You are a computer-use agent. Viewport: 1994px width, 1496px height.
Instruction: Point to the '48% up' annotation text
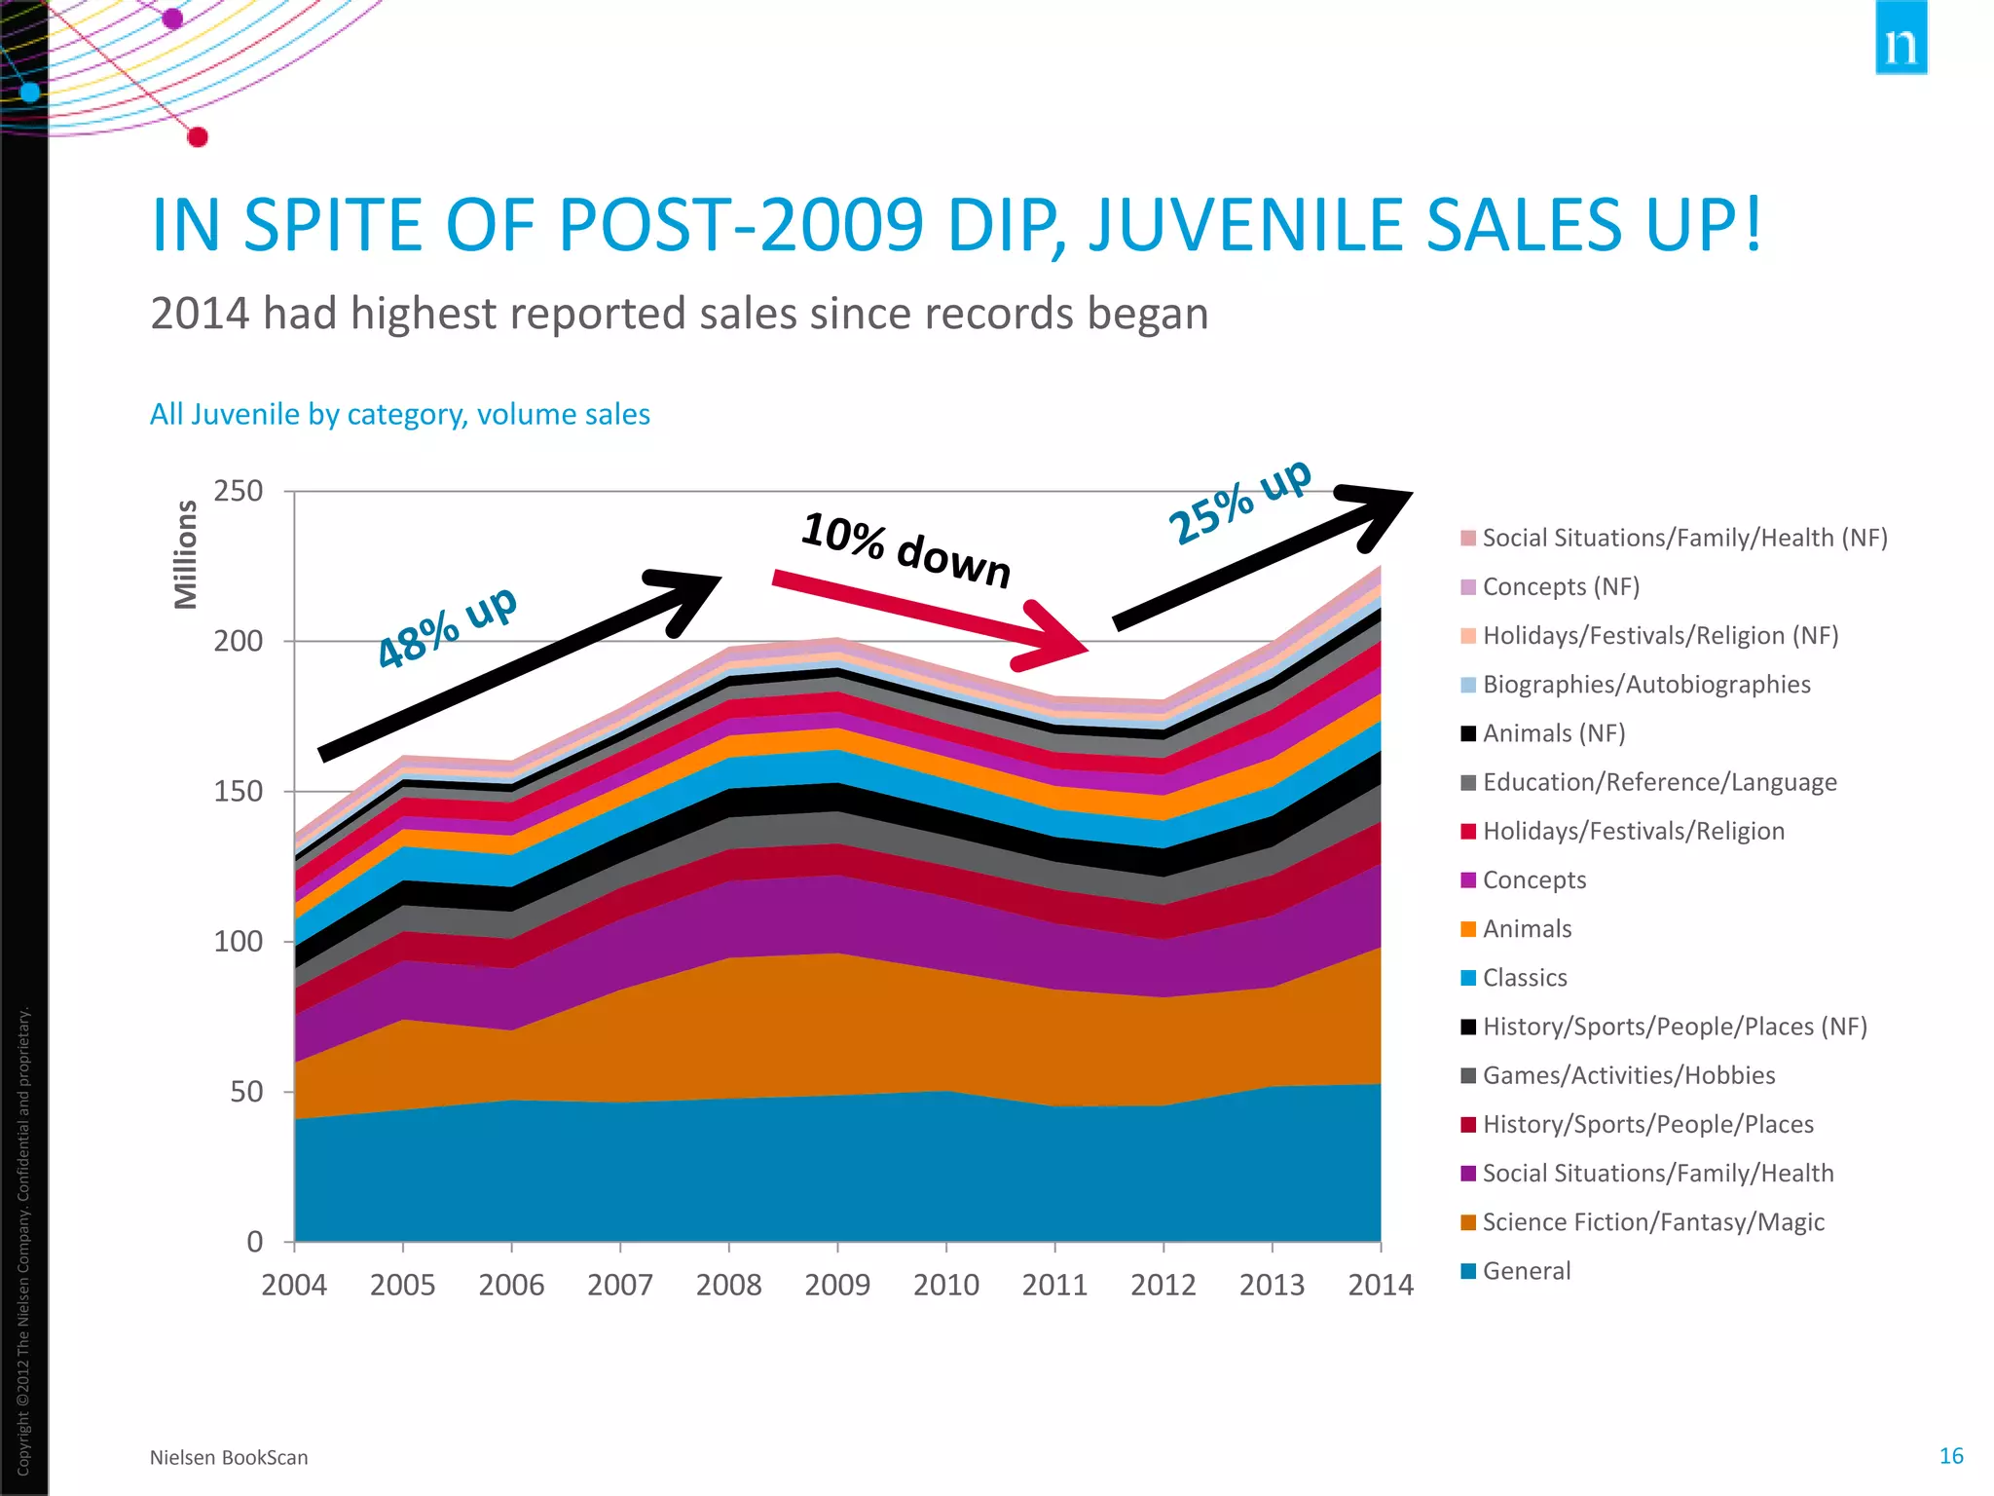point(447,629)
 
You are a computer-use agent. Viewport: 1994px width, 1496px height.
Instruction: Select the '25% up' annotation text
point(1239,503)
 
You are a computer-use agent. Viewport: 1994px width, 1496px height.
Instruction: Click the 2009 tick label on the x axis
point(837,1286)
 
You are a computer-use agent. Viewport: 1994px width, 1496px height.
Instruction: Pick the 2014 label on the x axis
point(1380,1286)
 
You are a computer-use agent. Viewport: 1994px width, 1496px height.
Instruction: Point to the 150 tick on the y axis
point(239,792)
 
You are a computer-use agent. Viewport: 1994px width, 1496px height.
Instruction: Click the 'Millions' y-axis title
point(185,554)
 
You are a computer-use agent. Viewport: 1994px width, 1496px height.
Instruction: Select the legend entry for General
point(1526,1271)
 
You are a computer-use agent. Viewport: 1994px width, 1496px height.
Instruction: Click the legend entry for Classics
point(1524,978)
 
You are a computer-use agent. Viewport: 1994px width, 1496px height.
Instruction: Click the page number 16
point(1950,1456)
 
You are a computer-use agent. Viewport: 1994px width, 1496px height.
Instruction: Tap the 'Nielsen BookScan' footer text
point(229,1458)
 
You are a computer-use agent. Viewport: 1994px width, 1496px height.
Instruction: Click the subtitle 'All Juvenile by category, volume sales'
point(399,415)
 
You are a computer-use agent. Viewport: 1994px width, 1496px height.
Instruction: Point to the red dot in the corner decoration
point(198,137)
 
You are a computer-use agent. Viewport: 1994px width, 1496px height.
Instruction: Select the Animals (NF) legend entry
point(1553,733)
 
